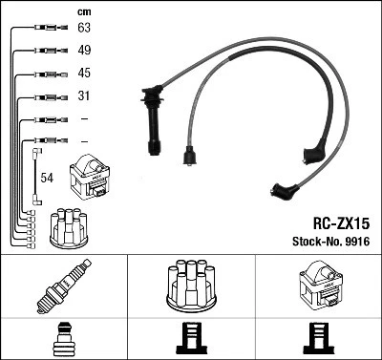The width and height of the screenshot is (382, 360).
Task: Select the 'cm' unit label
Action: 82,11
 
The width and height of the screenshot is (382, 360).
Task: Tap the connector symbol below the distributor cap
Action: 191,338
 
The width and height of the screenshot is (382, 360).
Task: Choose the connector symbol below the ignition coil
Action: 318,338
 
